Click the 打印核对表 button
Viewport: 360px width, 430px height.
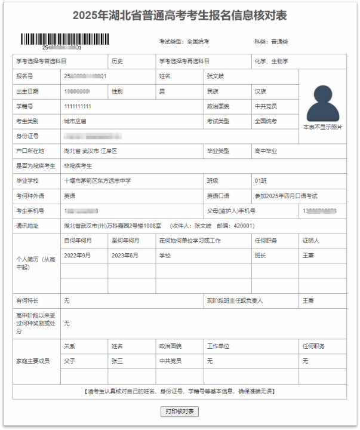[180, 411]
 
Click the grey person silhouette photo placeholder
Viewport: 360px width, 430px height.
[322, 103]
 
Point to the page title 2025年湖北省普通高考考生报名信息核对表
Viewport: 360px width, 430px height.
[180, 16]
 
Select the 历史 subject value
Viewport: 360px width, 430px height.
[117, 61]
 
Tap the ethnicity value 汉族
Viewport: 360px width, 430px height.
[260, 91]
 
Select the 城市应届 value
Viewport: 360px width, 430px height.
[75, 121]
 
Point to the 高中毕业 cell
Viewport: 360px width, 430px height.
[266, 151]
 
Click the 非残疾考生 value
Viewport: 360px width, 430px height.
[78, 165]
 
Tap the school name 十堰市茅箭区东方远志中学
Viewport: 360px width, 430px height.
[97, 180]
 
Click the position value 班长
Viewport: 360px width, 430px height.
[260, 256]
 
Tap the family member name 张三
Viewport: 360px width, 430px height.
[117, 361]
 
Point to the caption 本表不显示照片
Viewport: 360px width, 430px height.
[322, 127]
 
